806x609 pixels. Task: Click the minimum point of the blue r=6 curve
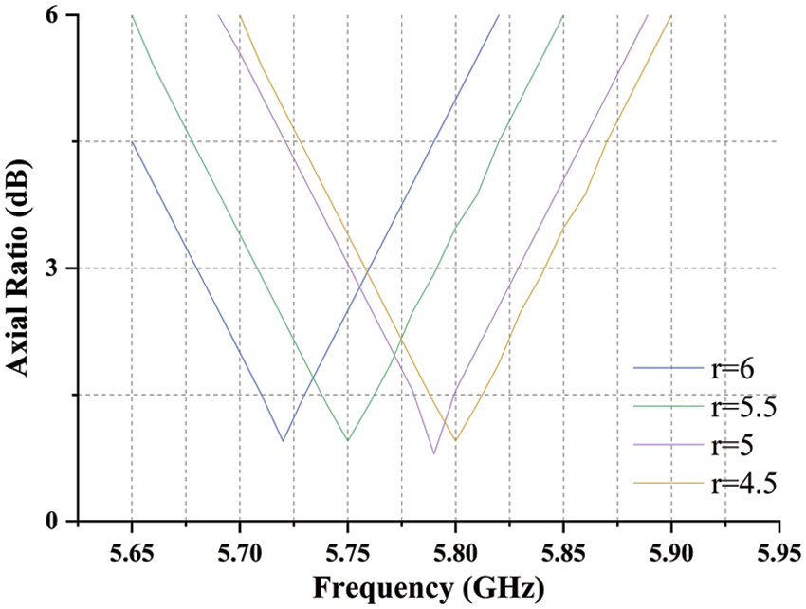(x=283, y=441)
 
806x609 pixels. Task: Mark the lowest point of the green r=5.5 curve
(x=348, y=441)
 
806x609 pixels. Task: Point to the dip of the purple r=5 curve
(x=434, y=453)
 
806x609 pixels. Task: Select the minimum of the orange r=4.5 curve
(x=456, y=441)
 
